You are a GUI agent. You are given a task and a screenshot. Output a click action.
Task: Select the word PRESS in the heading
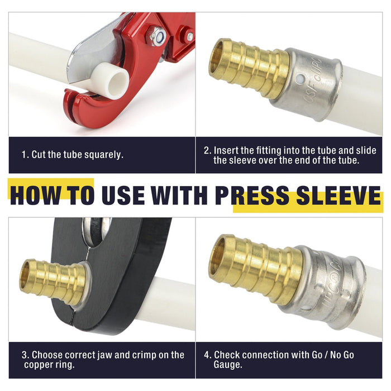point(252,195)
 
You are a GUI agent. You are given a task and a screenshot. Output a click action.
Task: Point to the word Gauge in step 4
point(228,365)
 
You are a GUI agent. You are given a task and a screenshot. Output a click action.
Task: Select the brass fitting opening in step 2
point(216,58)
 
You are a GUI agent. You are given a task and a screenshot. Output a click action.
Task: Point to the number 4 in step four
point(207,355)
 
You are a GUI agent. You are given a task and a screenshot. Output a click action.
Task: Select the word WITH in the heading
point(179,195)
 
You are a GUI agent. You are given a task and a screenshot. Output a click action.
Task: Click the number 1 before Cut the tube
point(24,155)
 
